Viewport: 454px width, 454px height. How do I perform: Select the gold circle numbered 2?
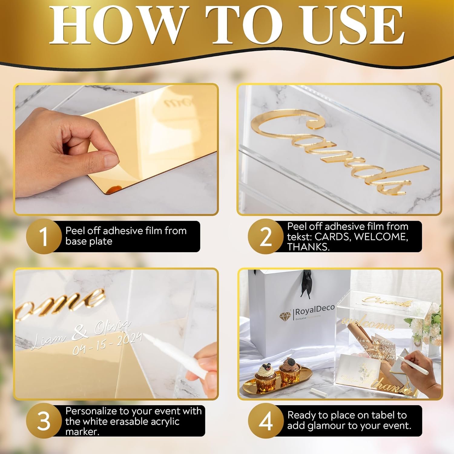(266, 237)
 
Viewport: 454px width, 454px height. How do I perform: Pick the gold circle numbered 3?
(44, 421)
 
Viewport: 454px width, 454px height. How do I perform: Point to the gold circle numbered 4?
(266, 421)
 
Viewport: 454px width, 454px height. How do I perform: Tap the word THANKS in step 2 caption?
(308, 247)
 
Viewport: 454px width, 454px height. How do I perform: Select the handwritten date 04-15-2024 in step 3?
(107, 344)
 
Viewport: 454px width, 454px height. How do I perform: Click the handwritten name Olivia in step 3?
(112, 327)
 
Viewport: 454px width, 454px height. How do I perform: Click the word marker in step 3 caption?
(82, 432)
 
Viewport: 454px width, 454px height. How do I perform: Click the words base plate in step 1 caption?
(89, 241)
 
